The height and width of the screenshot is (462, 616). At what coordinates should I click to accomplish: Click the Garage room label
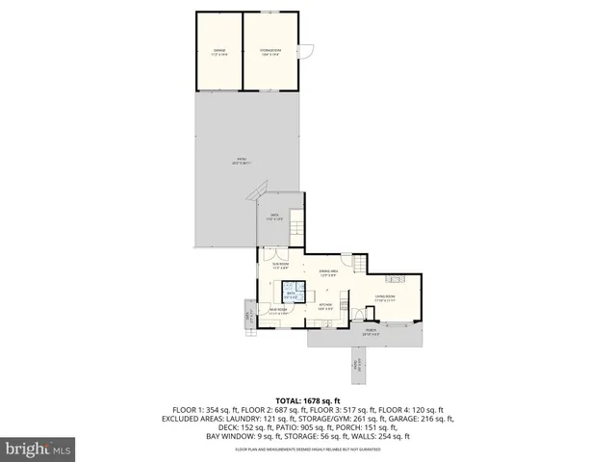pyautogui.click(x=218, y=52)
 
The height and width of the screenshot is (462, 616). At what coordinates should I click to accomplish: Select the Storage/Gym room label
pyautogui.click(x=268, y=52)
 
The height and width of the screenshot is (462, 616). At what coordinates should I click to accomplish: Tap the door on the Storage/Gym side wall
pyautogui.click(x=300, y=52)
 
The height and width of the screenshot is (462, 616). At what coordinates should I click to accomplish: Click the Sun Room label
pyautogui.click(x=280, y=266)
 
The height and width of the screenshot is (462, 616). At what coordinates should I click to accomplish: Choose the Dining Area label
pyautogui.click(x=330, y=272)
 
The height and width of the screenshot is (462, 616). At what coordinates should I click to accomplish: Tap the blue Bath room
pyautogui.click(x=303, y=295)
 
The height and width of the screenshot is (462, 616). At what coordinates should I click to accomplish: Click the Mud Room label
pyautogui.click(x=279, y=311)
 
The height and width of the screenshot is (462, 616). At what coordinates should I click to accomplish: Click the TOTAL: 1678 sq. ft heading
pyautogui.click(x=309, y=399)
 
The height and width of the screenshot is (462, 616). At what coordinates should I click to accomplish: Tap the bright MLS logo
pyautogui.click(x=38, y=449)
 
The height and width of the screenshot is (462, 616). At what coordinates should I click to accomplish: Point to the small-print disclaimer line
pyautogui.click(x=309, y=449)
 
